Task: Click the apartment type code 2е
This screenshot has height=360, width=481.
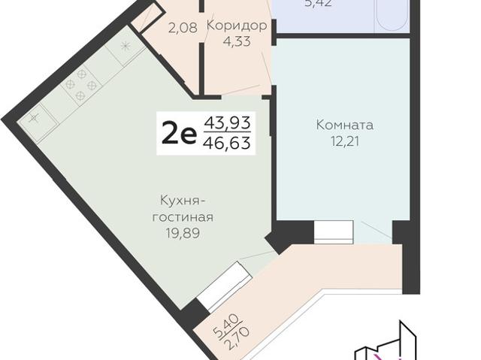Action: [x=179, y=134]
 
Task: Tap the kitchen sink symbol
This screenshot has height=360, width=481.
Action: [x=36, y=119]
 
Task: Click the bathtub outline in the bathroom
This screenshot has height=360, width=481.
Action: [x=392, y=15]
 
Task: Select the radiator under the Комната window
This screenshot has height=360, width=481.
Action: [x=328, y=231]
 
